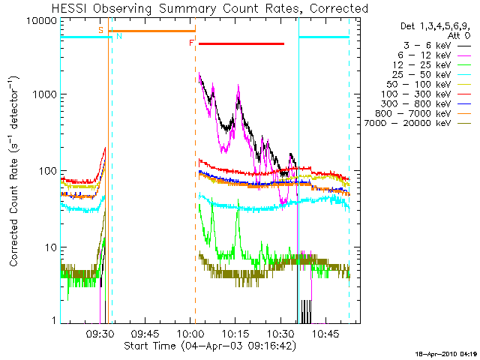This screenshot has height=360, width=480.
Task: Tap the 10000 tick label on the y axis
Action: (42, 21)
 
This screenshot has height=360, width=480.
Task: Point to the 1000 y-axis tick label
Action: (45, 94)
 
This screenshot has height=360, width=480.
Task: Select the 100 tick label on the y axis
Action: (48, 170)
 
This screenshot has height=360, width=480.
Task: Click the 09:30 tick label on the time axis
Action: (100, 334)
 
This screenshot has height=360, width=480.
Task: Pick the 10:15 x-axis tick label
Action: (235, 334)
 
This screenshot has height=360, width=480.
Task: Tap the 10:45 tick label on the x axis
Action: (325, 334)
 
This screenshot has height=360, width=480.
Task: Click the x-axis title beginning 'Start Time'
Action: (210, 346)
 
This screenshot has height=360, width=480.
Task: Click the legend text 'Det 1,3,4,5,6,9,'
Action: (435, 26)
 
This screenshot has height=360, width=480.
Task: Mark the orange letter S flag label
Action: (100, 30)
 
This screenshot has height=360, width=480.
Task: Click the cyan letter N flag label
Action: (119, 36)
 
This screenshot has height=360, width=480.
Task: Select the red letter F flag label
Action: (192, 43)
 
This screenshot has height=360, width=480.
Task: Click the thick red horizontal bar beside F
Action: (241, 44)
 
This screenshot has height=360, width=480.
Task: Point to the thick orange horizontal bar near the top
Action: (152, 31)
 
